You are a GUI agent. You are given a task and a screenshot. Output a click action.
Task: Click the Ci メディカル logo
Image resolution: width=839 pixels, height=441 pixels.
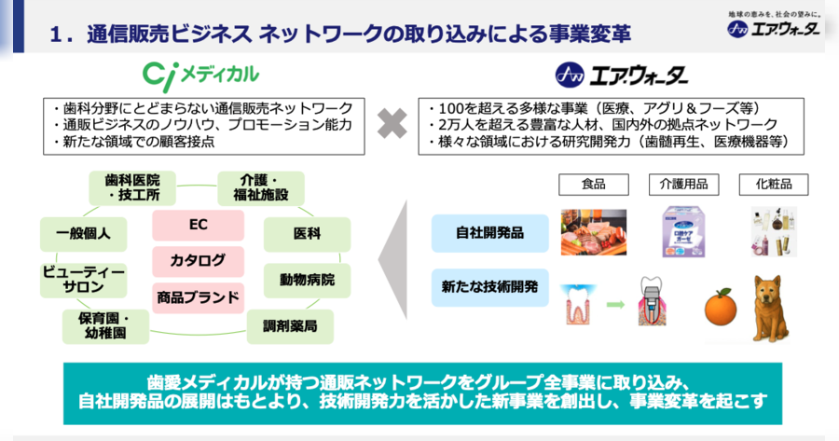(200, 76)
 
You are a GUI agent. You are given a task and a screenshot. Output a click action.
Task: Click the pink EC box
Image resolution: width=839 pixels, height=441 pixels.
(198, 225)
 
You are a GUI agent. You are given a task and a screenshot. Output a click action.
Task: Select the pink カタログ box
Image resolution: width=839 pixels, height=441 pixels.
(198, 261)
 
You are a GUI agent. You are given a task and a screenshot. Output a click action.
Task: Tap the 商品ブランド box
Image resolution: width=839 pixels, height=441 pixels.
(198, 297)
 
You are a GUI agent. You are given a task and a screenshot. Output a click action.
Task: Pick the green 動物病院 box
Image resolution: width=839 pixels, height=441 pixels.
(307, 280)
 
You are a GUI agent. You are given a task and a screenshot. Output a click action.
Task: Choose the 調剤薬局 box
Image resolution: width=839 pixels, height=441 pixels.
(290, 326)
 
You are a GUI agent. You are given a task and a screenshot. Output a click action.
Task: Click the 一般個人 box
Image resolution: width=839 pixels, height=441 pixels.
(84, 234)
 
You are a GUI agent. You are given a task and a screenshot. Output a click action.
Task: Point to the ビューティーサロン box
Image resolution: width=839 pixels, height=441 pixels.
(84, 280)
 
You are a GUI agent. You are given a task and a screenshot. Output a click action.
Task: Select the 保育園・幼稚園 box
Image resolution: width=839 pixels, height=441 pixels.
(105, 326)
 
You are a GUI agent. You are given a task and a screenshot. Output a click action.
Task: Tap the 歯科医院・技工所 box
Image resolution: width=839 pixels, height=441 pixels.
(132, 187)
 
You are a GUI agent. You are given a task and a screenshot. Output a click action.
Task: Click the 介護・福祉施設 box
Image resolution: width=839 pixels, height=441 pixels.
(261, 187)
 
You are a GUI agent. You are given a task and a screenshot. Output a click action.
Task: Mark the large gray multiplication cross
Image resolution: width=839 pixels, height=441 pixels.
(392, 124)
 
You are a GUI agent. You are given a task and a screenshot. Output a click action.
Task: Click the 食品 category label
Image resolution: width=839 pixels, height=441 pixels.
(594, 185)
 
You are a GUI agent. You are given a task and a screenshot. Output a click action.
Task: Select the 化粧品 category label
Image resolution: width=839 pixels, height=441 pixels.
(774, 185)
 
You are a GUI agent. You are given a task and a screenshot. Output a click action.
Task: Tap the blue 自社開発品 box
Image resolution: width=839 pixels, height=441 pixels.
(490, 233)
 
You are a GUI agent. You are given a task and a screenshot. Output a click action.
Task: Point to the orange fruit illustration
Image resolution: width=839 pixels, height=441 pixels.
(721, 307)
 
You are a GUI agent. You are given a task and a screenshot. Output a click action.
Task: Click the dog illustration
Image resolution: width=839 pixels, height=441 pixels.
(771, 309)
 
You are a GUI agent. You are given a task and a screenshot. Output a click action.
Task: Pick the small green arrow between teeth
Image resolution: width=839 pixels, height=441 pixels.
(615, 305)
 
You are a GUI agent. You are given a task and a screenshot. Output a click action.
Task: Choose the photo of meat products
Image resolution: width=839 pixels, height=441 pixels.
(594, 232)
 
